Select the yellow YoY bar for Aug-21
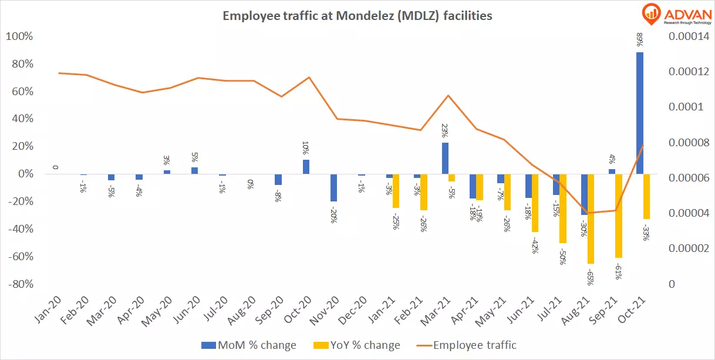(591, 218)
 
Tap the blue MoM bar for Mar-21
(445, 158)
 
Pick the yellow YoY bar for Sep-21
(618, 216)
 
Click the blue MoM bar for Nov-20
(334, 187)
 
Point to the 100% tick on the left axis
(19, 37)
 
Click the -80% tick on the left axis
(19, 284)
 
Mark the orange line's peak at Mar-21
(448, 95)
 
